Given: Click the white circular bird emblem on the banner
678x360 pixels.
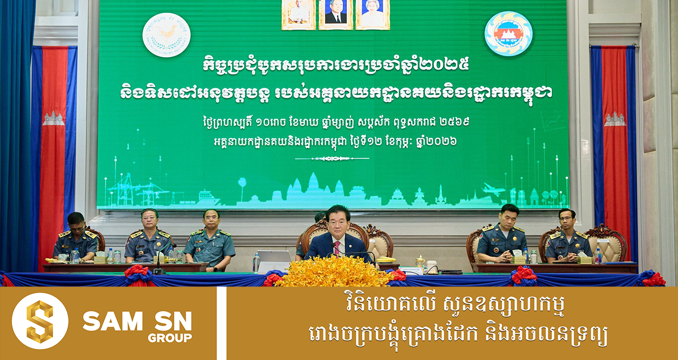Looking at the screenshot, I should point(166,35).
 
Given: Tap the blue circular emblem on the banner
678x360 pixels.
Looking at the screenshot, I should point(508,33).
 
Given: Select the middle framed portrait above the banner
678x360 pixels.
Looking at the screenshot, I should point(335,14).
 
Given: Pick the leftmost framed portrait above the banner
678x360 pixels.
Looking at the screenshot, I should point(299,14).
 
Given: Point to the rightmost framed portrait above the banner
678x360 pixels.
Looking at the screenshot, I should point(372,14).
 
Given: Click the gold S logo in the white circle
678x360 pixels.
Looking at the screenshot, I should point(40,321).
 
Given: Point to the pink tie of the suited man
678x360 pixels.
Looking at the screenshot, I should point(336,248).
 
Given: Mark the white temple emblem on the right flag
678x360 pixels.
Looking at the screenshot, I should point(614,119).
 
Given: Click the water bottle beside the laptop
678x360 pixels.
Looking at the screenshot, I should point(256,263).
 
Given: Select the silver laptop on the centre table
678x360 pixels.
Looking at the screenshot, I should point(274,259).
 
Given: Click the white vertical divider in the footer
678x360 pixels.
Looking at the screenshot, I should point(221,323).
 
